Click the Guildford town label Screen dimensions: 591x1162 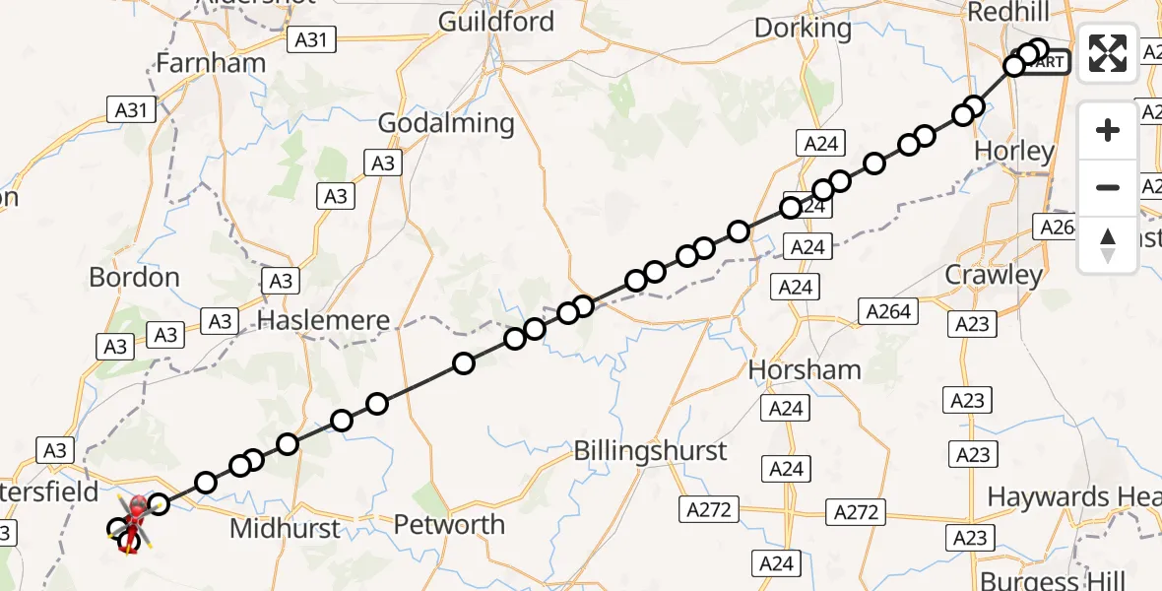coord(496,22)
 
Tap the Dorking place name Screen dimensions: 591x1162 coord(803,28)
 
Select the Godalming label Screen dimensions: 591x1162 coord(446,123)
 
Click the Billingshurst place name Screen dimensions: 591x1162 coord(651,451)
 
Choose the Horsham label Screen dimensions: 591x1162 coord(805,369)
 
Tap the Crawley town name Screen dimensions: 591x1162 coord(993,275)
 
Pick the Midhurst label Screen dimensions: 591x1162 coord(285,529)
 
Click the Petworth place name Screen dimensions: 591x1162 coord(449,525)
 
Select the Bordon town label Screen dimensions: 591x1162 coord(134,278)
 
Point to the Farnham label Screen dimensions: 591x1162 coord(211,63)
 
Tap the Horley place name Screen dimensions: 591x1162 coord(1013,152)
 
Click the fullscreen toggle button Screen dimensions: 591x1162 coord(1108,52)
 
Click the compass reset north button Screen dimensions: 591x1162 coord(1108,245)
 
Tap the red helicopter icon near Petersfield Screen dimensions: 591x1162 coord(135,510)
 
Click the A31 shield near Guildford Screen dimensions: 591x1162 coord(311,39)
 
